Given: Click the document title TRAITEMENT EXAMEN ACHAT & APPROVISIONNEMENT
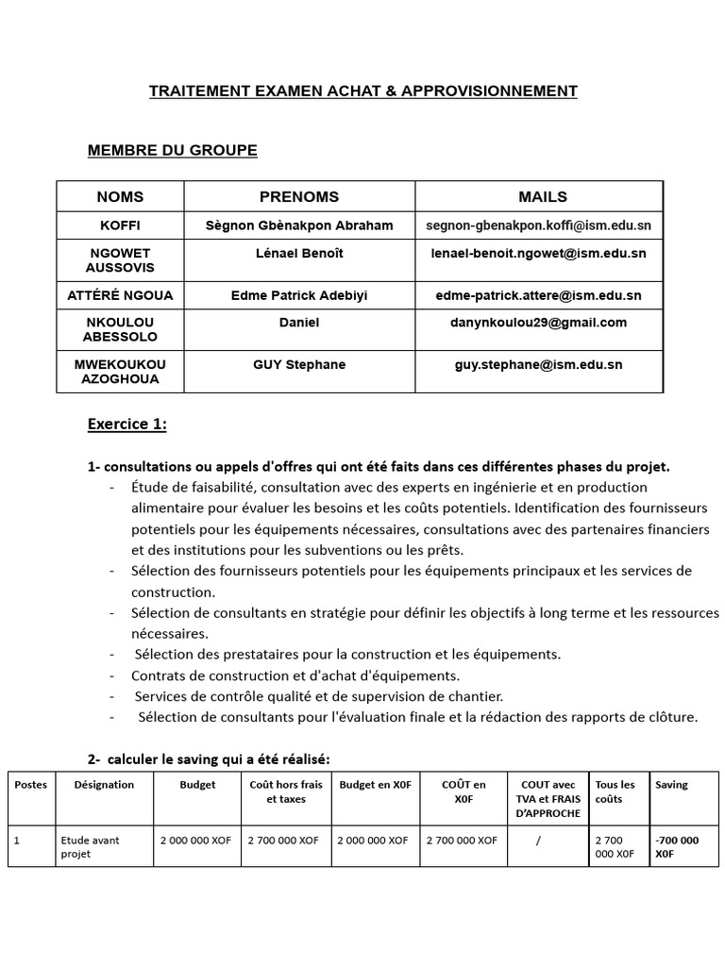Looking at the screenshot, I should [x=362, y=91].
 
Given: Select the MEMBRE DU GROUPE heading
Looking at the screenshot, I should [x=172, y=150].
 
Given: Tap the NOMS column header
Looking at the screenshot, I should [x=120, y=196].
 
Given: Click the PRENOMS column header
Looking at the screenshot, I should [x=298, y=196].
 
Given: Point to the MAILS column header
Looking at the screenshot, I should [x=542, y=196].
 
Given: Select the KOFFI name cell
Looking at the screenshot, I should [x=120, y=225].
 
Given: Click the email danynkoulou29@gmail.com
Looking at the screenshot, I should [x=538, y=323].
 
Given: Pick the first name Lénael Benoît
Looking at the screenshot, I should [x=298, y=253].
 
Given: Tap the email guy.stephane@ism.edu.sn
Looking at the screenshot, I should [x=538, y=364].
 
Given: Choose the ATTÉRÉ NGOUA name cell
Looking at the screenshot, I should [x=120, y=295].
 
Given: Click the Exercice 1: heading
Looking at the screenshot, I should [x=126, y=425].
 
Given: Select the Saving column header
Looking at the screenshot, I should [x=671, y=784].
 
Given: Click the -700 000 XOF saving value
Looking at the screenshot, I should [x=677, y=846].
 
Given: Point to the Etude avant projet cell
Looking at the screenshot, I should [x=90, y=846].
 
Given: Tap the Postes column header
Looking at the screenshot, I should [x=30, y=784].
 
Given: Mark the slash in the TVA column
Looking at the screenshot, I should [x=537, y=840].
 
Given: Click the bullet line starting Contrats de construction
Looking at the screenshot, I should [x=295, y=675].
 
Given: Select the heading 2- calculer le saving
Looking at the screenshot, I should [x=209, y=759].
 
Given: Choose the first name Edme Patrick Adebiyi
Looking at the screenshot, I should [x=298, y=295].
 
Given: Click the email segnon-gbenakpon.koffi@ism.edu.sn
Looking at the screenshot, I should [x=538, y=225].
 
